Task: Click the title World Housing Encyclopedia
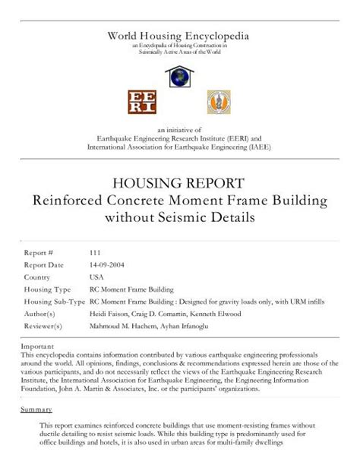[x=179, y=36]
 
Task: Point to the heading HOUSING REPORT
[x=179, y=184]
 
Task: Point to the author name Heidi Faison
[x=109, y=315]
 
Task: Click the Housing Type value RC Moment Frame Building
[x=130, y=289]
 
